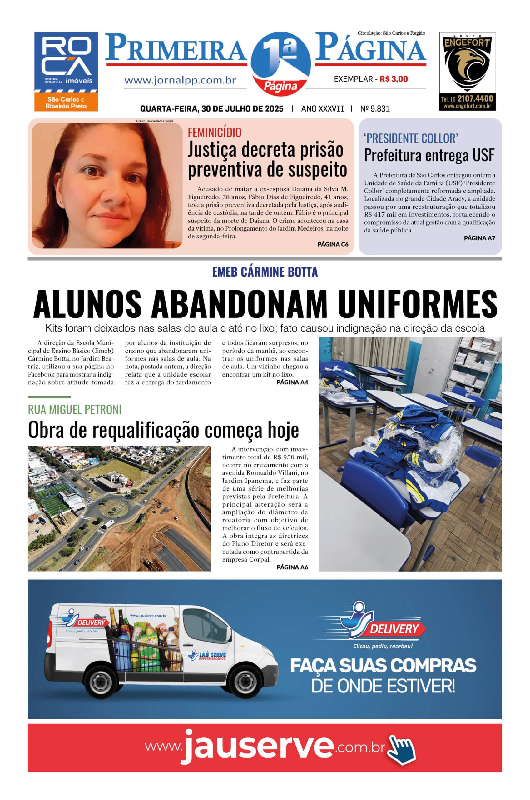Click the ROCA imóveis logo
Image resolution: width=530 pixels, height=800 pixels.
click(66, 71)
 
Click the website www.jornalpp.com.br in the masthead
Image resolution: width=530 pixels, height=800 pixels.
click(180, 81)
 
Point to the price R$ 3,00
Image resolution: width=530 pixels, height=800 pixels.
click(394, 79)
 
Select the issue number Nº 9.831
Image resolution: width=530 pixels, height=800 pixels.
click(375, 109)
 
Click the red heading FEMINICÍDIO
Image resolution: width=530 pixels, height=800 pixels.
click(215, 132)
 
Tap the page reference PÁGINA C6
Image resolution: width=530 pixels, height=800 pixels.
click(333, 244)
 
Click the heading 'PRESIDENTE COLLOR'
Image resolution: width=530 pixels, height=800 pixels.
click(411, 138)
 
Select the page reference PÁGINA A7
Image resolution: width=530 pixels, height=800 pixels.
click(479, 238)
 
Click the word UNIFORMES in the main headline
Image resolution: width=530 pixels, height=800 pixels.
click(418, 304)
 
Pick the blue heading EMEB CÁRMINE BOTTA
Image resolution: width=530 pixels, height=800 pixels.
click(265, 272)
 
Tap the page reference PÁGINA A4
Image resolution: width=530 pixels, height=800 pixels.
click(292, 382)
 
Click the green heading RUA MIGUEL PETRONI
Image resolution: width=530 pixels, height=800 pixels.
click(75, 410)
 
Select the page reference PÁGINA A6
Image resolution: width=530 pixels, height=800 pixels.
click(292, 567)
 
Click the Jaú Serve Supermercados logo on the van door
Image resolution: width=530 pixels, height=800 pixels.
click(206, 656)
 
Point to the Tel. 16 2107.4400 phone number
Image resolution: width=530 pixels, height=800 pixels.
click(467, 99)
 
